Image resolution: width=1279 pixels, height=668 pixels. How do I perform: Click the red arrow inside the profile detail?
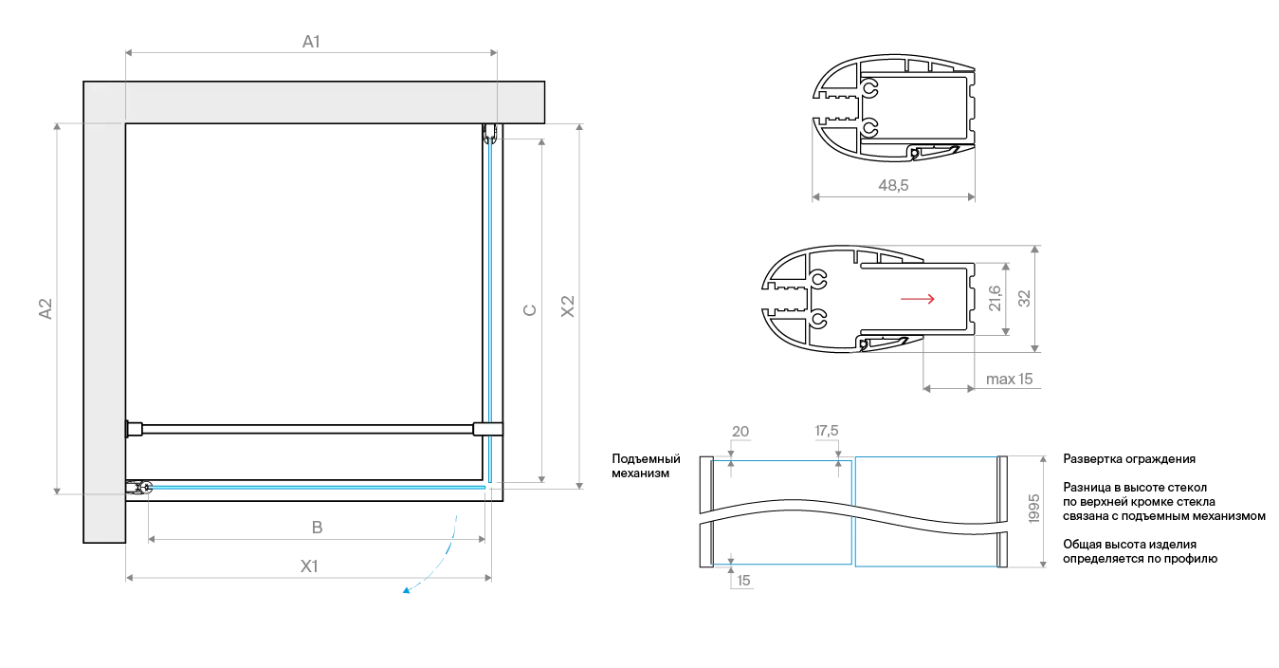(x=917, y=300)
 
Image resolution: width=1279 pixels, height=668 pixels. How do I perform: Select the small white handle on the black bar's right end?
(x=487, y=430)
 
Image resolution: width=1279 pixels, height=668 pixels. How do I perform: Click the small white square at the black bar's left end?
(x=132, y=430)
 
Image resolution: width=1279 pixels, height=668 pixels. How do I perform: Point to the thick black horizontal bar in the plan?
(x=303, y=429)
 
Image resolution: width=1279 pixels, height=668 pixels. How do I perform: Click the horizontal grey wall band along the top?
(x=313, y=102)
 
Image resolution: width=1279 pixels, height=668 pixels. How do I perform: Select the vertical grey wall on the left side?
(x=103, y=313)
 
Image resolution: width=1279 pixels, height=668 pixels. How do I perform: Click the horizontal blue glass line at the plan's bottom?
(x=313, y=487)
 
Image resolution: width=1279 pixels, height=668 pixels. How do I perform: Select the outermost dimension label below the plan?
(x=306, y=566)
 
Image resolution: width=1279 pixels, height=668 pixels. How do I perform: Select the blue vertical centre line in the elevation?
(x=854, y=512)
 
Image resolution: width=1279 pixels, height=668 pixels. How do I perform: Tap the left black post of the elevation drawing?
(x=707, y=512)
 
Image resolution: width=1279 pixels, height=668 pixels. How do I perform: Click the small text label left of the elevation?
(x=644, y=462)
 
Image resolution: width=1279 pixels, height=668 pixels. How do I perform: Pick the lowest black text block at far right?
(x=1138, y=554)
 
